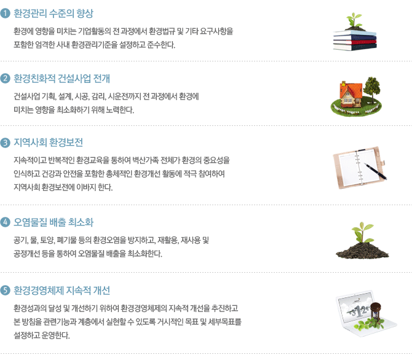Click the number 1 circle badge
5,13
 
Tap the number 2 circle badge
5,79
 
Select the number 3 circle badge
5,143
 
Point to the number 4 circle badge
5,222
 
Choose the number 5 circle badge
5,291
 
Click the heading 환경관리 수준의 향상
53,14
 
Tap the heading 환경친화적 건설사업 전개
61,79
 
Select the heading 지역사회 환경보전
49,143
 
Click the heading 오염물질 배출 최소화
53,222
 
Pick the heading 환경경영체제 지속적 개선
61,291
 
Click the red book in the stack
355,42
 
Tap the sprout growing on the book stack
354,20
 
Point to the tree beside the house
371,87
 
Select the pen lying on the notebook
375,171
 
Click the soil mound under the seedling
362,251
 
